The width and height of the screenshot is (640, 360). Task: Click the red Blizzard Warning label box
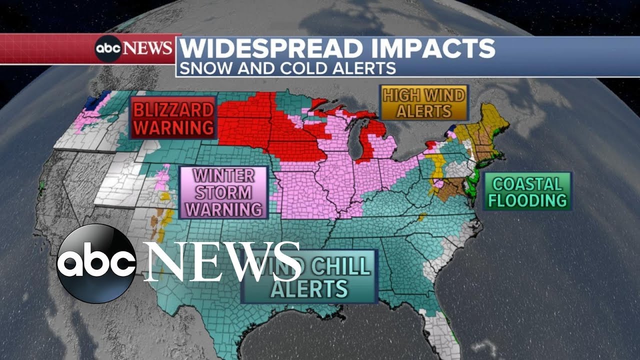pos(173,118)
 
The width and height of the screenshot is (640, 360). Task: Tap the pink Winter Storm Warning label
pos(223,192)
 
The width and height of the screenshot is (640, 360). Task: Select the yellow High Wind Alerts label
pos(424,102)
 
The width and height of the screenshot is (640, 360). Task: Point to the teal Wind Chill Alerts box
pos(309,277)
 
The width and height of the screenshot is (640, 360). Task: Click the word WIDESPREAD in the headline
pos(269,49)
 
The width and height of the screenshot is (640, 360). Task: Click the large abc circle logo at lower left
pos(96,263)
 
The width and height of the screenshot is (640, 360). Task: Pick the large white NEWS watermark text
pos(222,261)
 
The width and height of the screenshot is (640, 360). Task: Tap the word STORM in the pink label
pos(223,192)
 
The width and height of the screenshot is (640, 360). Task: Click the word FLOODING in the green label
pos(527,200)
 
